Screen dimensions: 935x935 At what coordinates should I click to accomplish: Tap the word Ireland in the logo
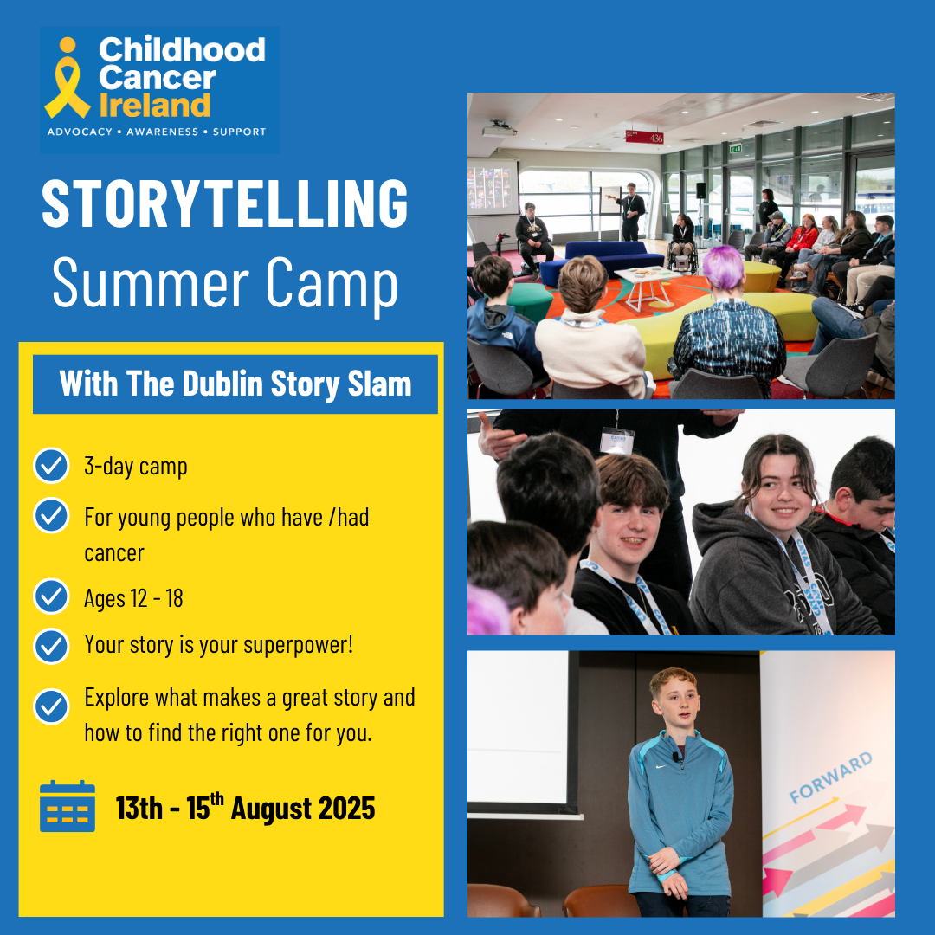tap(155, 105)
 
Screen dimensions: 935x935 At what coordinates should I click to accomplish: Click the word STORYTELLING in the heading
tap(225, 203)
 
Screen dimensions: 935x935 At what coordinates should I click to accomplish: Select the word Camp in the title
tap(332, 284)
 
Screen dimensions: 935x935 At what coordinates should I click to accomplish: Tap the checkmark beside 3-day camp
tap(51, 466)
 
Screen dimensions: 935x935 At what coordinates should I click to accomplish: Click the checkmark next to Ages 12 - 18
tap(51, 596)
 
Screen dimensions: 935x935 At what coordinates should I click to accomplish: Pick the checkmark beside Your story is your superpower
tap(51, 647)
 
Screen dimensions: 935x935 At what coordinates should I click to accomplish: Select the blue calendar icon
tap(68, 806)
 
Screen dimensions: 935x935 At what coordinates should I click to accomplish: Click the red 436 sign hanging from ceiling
tap(644, 137)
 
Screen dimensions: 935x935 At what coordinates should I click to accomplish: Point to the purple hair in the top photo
tap(725, 267)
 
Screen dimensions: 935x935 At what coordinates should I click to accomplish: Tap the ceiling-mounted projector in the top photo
tap(499, 129)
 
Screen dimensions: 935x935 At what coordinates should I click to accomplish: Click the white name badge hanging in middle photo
tap(616, 440)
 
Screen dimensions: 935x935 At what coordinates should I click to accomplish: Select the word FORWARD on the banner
tap(830, 777)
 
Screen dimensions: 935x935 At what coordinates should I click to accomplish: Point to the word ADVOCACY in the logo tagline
tap(80, 132)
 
